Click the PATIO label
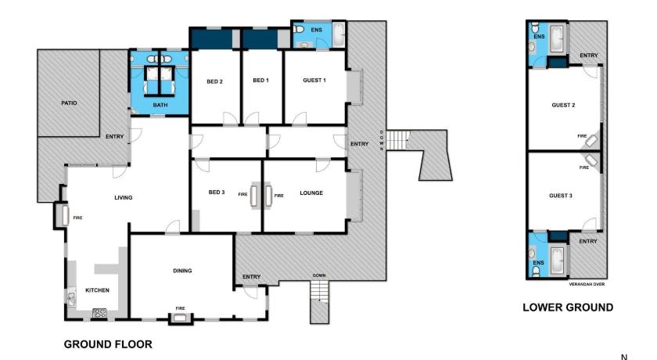point(69,103)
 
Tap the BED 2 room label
point(214,81)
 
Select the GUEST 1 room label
point(314,80)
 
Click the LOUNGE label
point(311,193)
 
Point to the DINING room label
point(182,271)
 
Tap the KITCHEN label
point(97,290)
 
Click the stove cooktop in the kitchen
point(100,312)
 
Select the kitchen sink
point(71,298)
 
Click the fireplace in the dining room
point(180,318)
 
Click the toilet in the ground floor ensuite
point(298,29)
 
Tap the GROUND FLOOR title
point(108,344)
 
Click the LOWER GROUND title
point(568,308)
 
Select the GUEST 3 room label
point(561,196)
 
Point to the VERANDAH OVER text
point(587,284)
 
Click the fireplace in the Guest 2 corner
point(592,141)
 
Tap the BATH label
point(160,105)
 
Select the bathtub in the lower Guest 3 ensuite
point(557,260)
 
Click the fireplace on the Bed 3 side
point(254,196)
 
